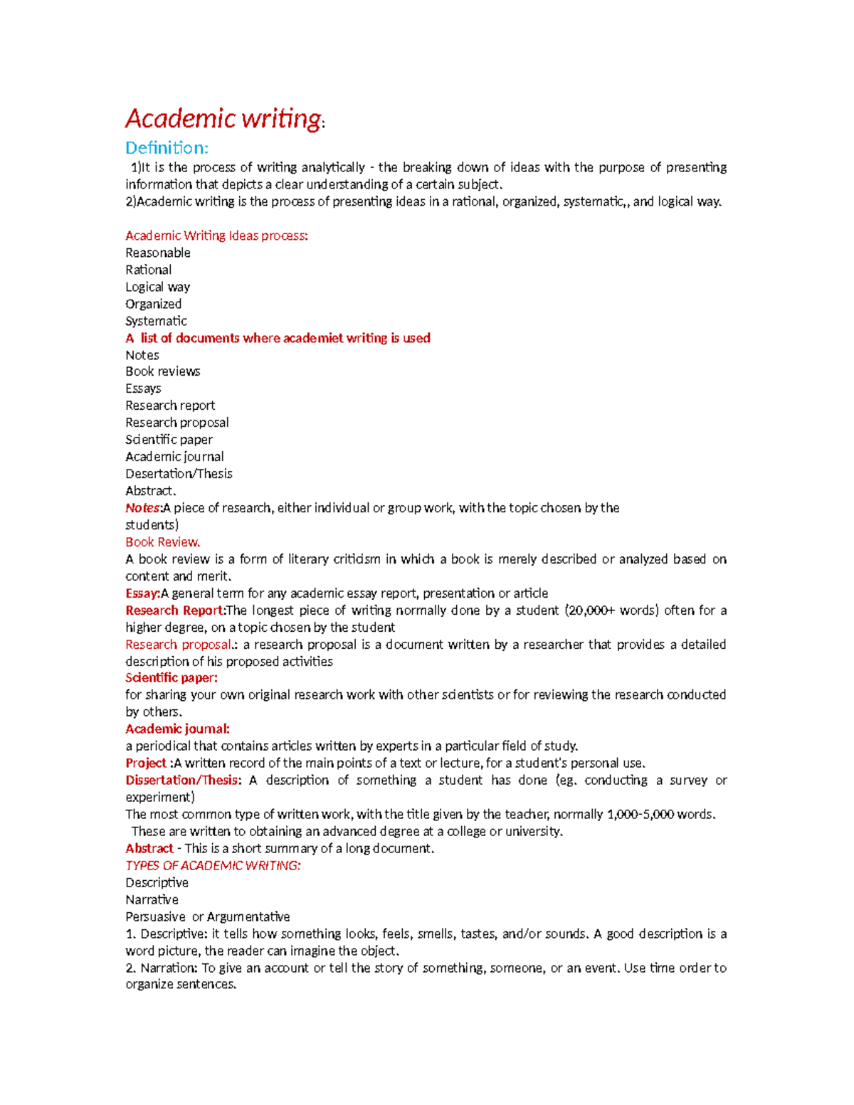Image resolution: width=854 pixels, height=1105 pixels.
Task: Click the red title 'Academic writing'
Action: pyautogui.click(x=223, y=118)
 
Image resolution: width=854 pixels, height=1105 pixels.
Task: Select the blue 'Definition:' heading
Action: pyautogui.click(x=167, y=148)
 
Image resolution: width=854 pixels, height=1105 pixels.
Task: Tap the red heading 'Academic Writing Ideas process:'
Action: pyautogui.click(x=216, y=236)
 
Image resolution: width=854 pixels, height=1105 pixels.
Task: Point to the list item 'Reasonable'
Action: pyautogui.click(x=157, y=253)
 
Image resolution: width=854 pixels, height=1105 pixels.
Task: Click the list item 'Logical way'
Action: pyautogui.click(x=157, y=287)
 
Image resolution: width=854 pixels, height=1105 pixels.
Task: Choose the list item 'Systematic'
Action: pyautogui.click(x=156, y=321)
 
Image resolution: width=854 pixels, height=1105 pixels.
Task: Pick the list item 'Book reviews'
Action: pyautogui.click(x=162, y=371)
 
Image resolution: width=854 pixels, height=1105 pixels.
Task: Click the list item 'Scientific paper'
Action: pyautogui.click(x=169, y=440)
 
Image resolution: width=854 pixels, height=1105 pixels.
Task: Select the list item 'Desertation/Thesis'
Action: pyautogui.click(x=179, y=474)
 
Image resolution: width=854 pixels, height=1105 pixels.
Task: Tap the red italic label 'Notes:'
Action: pyautogui.click(x=144, y=508)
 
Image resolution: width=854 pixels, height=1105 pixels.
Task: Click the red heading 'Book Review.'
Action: pyautogui.click(x=162, y=542)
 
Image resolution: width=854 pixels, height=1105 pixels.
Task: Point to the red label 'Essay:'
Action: pyautogui.click(x=142, y=593)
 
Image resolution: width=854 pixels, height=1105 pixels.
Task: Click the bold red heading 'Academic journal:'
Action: pyautogui.click(x=177, y=729)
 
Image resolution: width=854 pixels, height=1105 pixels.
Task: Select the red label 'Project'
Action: pyautogui.click(x=145, y=763)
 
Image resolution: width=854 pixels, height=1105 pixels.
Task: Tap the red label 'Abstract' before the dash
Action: pyautogui.click(x=149, y=848)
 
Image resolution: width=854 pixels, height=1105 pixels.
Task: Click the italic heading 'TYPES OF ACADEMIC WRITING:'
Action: pyautogui.click(x=213, y=865)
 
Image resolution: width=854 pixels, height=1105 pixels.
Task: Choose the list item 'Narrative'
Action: pyautogui.click(x=152, y=899)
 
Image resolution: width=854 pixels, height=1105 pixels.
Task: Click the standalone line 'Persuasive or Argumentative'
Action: pyautogui.click(x=207, y=916)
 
